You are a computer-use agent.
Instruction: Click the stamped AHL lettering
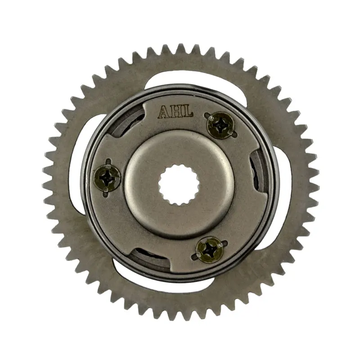[175, 112]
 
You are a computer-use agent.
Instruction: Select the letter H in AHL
[175, 112]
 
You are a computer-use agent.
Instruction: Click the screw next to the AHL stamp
[220, 125]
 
